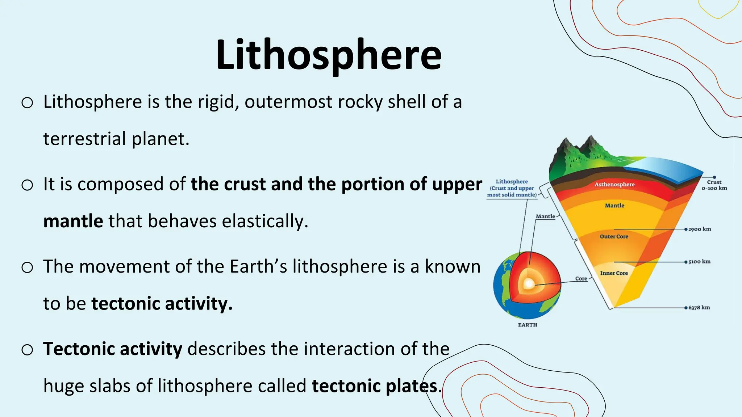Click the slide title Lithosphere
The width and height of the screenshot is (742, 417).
click(328, 55)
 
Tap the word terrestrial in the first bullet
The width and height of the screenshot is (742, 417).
click(84, 139)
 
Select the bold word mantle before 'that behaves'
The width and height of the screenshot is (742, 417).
click(73, 221)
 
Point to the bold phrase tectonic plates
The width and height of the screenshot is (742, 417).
click(375, 386)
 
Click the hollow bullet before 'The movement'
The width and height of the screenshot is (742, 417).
click(27, 268)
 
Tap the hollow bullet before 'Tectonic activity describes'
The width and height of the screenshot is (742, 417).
click(27, 350)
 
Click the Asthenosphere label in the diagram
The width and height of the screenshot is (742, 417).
click(614, 184)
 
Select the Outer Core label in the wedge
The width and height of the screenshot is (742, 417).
click(614, 236)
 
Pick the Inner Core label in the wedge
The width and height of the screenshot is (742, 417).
click(614, 273)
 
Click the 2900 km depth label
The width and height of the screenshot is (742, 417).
click(699, 229)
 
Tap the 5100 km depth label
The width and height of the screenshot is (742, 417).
click(699, 261)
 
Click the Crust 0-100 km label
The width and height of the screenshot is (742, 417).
click(714, 185)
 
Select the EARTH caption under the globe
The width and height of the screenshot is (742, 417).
click(528, 325)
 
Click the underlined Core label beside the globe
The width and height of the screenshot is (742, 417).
click(581, 278)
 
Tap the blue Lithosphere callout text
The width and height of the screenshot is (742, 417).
click(512, 188)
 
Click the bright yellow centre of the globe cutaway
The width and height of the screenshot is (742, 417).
click(529, 285)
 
